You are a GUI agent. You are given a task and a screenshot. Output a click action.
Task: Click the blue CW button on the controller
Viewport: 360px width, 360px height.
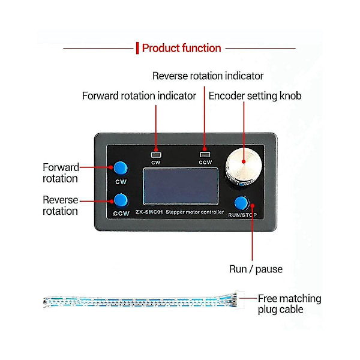point(121,168)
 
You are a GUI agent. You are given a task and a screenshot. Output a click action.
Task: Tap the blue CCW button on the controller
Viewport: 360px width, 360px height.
point(121,200)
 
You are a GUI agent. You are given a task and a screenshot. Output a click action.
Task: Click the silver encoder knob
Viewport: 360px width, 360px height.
point(244,166)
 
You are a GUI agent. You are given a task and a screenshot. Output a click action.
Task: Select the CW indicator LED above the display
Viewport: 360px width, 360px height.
point(156,155)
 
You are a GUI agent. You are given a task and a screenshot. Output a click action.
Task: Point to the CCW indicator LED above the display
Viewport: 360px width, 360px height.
point(205,155)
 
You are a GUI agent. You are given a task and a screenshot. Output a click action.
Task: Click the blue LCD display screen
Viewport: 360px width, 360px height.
point(181,186)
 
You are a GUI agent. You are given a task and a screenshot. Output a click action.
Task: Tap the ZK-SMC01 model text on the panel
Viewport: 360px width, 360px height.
point(149,212)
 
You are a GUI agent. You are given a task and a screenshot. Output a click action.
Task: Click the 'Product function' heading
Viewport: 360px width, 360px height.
point(181,48)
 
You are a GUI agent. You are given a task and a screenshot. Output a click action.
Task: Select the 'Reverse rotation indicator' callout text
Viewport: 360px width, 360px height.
point(208,76)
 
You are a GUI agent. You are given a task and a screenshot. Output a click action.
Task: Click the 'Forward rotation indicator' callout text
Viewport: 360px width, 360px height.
point(139,96)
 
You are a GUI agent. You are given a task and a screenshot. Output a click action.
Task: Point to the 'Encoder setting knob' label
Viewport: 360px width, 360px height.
point(255,96)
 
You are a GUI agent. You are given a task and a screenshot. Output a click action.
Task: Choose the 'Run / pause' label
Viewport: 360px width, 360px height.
point(256,269)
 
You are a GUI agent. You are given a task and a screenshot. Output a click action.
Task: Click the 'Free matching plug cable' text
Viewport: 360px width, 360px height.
point(289,304)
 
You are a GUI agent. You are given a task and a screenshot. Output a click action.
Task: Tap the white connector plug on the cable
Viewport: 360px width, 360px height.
point(239,298)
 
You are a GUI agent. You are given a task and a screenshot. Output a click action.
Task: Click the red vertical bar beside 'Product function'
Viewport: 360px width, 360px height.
point(137,48)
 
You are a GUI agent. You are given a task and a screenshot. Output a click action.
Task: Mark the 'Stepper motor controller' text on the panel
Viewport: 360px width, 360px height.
point(194,212)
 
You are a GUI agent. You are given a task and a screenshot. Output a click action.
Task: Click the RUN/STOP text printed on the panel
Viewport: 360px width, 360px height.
point(242,215)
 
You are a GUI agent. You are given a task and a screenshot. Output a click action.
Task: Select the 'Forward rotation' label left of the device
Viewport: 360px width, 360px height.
point(61,173)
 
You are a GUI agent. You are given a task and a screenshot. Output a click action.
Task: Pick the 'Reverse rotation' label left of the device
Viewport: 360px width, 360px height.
point(61,205)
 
